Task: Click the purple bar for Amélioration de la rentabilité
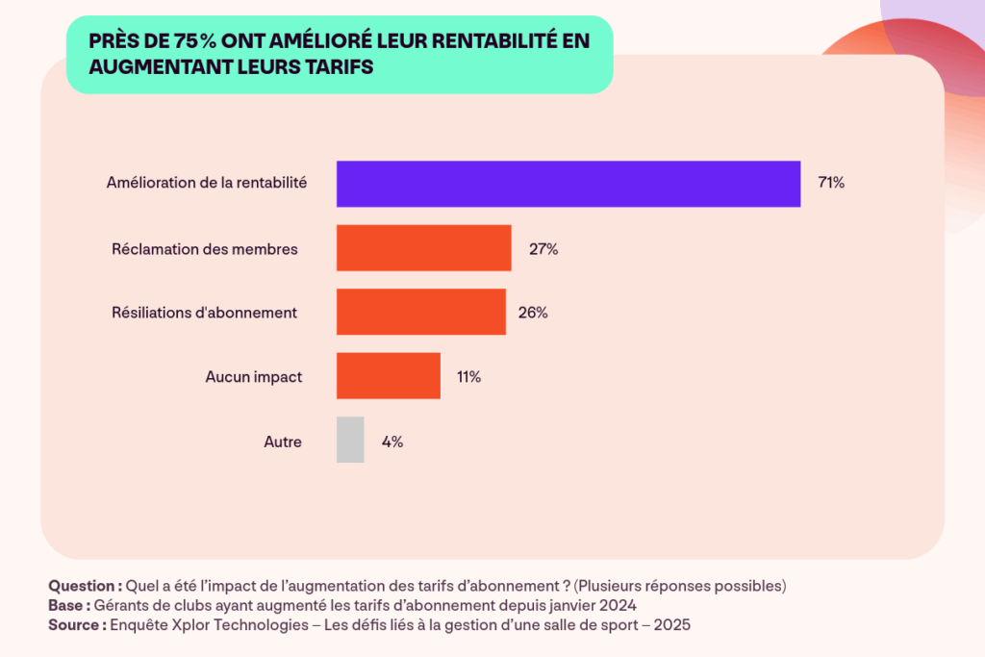(x=568, y=184)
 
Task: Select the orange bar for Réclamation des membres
(x=423, y=248)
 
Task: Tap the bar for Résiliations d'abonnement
(x=420, y=312)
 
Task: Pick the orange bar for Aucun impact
(x=388, y=376)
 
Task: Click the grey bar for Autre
(x=350, y=441)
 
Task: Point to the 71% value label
(x=831, y=184)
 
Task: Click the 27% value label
(x=543, y=249)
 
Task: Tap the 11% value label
(x=468, y=377)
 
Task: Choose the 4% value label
(x=391, y=442)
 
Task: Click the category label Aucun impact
(x=254, y=377)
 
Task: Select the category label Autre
(x=283, y=442)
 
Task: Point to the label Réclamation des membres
(x=205, y=249)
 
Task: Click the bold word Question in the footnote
(x=83, y=586)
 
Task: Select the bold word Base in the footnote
(x=67, y=605)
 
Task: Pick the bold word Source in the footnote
(x=76, y=624)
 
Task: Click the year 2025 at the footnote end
(x=672, y=624)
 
